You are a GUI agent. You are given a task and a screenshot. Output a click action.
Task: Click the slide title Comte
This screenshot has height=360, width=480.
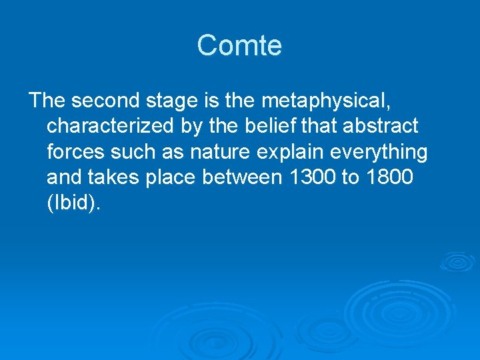239,46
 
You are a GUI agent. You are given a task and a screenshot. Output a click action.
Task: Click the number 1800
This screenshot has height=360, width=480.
394,178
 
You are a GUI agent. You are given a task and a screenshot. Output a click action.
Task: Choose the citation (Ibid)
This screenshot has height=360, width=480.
74,204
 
